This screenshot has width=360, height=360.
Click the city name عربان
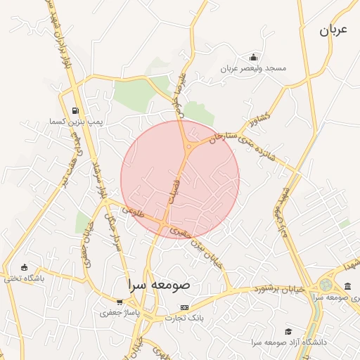334,30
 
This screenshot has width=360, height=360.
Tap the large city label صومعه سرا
159,286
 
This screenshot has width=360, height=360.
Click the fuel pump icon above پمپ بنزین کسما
75,110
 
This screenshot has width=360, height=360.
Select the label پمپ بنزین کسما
75,122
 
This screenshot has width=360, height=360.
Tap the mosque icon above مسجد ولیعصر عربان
253,58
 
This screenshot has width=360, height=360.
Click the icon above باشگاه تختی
25,267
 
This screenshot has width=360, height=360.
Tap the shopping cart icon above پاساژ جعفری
120,302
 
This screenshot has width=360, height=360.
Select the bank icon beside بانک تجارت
184,307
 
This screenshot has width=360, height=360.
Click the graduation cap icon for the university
288,331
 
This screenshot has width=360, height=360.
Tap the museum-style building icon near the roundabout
349,285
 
